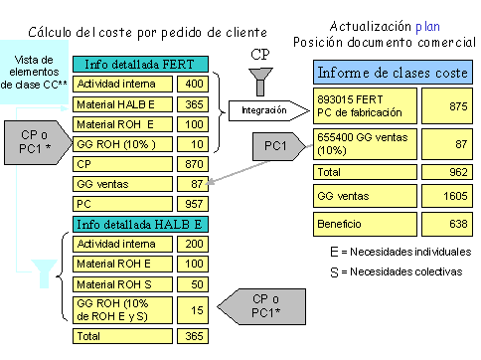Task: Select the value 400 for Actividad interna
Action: coord(193,85)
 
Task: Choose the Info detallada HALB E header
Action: coord(140,222)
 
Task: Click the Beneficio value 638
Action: coord(445,225)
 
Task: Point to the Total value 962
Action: coord(445,171)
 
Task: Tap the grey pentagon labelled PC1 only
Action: coord(274,147)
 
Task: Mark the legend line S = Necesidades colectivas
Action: coord(401,270)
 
